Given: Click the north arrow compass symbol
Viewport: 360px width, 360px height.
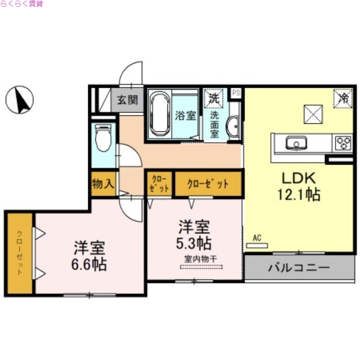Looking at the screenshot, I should (x=19, y=99).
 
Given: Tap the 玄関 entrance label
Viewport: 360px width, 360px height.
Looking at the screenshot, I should (x=127, y=100).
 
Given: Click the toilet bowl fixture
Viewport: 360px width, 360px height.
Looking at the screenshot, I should (x=103, y=138).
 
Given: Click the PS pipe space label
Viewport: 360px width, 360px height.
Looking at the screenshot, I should (x=236, y=92).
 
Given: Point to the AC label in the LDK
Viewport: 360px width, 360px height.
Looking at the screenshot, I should (x=257, y=238).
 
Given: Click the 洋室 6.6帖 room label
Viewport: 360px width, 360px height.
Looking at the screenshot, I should (x=90, y=256).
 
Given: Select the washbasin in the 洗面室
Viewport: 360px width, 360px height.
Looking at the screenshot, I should (x=233, y=127).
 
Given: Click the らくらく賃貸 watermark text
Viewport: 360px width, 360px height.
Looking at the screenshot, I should (x=22, y=4).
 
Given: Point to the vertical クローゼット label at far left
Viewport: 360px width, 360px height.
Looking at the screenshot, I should (x=20, y=253).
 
